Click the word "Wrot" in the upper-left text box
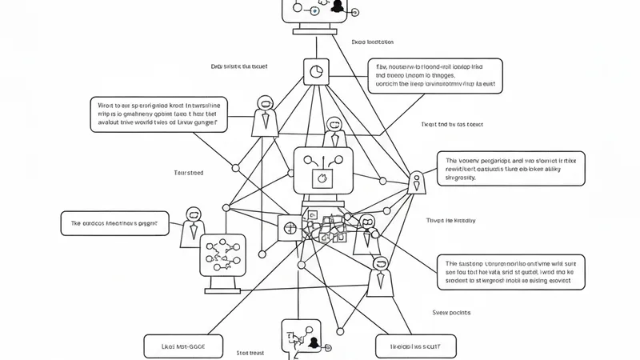106,104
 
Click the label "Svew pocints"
452,312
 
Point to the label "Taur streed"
189,172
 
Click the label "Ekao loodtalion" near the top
373,42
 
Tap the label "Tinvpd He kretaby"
450,219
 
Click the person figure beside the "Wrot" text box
262,115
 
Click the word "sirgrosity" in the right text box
461,178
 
